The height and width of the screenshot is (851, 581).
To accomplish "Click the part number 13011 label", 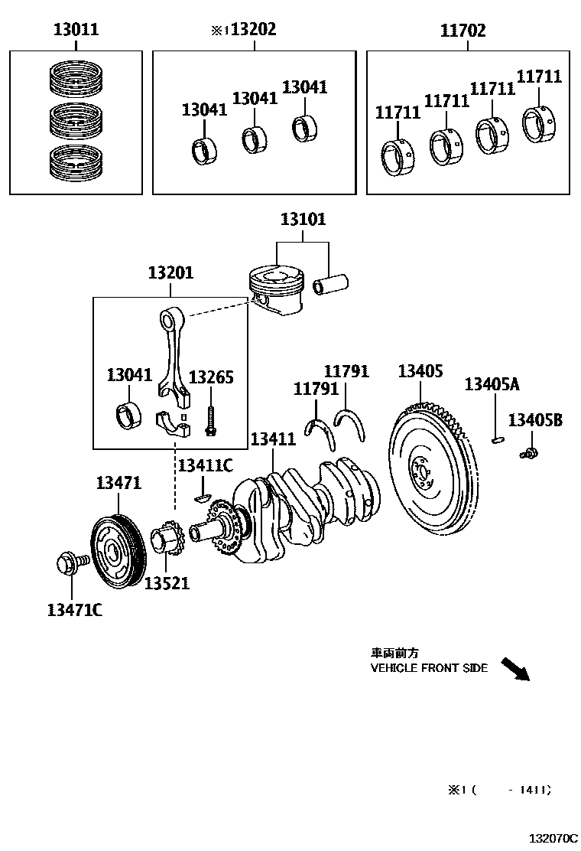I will click(x=76, y=31).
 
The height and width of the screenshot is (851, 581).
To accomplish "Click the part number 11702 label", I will click(x=463, y=31).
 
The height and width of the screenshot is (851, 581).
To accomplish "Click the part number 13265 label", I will click(x=211, y=377).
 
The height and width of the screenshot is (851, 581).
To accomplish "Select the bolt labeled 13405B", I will click(x=528, y=453).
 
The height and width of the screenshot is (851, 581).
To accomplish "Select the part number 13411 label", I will click(x=273, y=439).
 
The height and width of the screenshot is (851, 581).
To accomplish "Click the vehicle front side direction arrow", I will click(x=515, y=668).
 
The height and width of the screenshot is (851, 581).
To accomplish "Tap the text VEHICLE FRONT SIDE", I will click(x=429, y=668).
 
